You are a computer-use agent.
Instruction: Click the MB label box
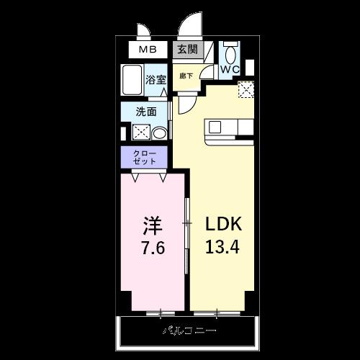click(148, 50)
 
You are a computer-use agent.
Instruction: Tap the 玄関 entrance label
click(186, 50)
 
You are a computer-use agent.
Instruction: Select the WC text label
click(230, 69)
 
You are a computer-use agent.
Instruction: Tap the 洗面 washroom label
click(148, 112)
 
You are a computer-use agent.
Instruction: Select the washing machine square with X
click(141, 132)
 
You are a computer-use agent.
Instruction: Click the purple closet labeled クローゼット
click(144, 156)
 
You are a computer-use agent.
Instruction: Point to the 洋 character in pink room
click(152, 225)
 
